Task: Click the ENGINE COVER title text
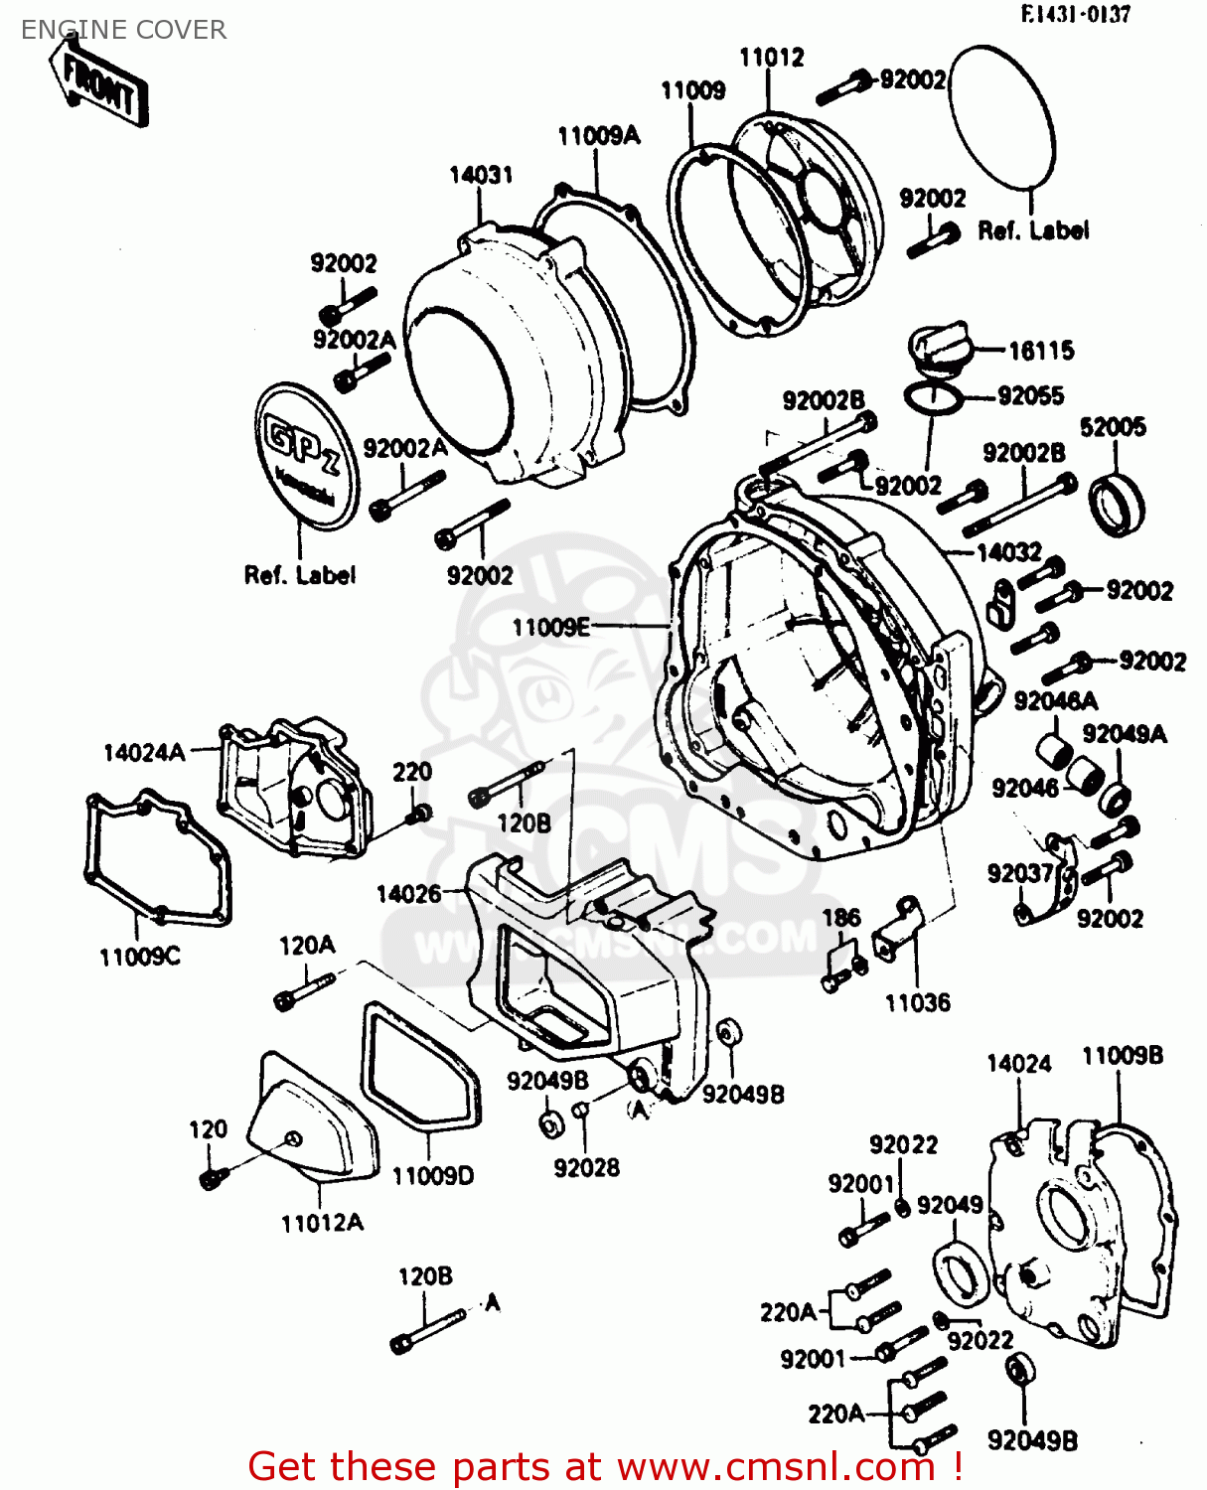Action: [x=123, y=30]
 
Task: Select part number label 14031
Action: [x=481, y=175]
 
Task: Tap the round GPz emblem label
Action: [x=305, y=455]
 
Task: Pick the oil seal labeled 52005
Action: [x=1117, y=505]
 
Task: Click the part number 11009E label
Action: [x=550, y=627]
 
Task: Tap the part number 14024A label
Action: [x=144, y=752]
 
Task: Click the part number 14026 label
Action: [x=408, y=894]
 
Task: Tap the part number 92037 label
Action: [x=1019, y=873]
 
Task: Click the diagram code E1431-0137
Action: [x=1075, y=14]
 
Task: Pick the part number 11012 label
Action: [x=771, y=58]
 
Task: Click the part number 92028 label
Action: [x=586, y=1168]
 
